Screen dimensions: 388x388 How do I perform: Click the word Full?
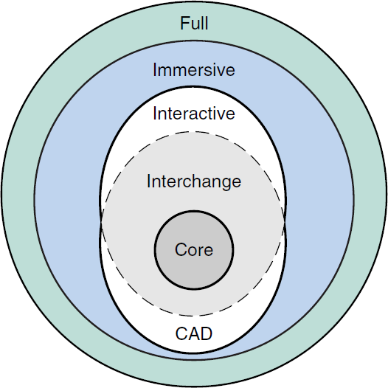coord(194,24)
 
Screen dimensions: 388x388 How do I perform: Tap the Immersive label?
coord(194,70)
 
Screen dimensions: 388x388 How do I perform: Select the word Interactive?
coord(194,114)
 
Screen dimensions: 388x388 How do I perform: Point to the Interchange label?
coord(194,181)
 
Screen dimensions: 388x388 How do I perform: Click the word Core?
coord(194,250)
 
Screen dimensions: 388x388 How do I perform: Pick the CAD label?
coord(194,333)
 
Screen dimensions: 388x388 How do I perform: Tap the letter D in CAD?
coord(207,333)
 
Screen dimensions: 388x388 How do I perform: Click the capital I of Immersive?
coord(155,70)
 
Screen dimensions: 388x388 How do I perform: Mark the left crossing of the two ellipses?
coord(101,220)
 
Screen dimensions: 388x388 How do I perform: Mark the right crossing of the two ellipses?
coord(287,220)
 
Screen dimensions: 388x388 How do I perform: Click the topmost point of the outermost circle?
coord(194,2)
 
